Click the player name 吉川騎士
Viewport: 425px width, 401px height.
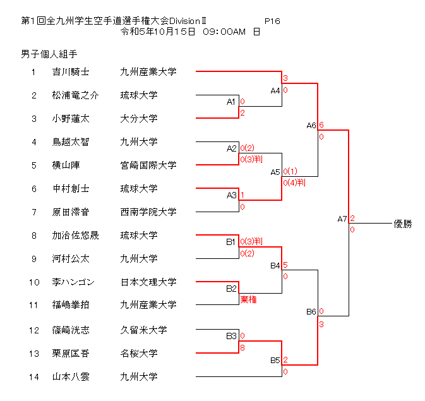[x=71, y=72]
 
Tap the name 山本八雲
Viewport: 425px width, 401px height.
[x=71, y=377]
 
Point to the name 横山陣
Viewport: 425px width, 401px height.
[x=66, y=165]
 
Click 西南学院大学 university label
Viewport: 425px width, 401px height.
[x=148, y=212]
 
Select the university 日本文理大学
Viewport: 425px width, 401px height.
[x=148, y=282]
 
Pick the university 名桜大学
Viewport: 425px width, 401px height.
[x=139, y=353]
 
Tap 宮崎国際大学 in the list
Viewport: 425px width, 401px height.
[x=148, y=165]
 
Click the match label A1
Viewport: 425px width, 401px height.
[x=231, y=102]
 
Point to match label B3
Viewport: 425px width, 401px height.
[x=231, y=335]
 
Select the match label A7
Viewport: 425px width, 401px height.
[x=342, y=219]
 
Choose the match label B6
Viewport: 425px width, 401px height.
[x=311, y=312]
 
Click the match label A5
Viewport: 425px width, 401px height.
[x=275, y=172]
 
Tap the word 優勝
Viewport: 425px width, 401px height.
[x=402, y=224]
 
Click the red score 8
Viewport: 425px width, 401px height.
[x=242, y=347]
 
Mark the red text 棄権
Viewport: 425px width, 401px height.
[x=248, y=300]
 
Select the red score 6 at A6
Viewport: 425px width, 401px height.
[x=321, y=125]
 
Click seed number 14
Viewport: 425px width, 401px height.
[x=33, y=377]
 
